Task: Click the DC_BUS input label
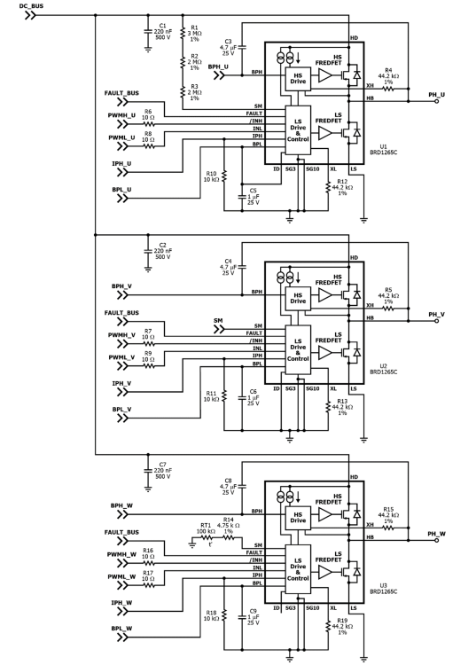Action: point(31,6)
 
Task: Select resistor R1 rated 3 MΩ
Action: point(183,33)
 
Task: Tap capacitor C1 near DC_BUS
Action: point(148,31)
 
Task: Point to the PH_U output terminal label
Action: point(437,95)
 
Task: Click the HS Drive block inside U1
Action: point(298,78)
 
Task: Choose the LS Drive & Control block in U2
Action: point(298,349)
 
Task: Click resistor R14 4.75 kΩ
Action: point(229,538)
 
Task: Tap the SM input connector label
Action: point(218,321)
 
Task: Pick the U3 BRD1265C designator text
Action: point(384,589)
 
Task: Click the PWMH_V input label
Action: point(121,335)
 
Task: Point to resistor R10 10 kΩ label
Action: point(211,176)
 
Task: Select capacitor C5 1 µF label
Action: point(253,196)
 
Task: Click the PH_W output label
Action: point(437,534)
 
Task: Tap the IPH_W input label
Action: point(121,603)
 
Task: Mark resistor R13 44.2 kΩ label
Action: point(342,407)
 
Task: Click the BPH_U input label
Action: point(218,67)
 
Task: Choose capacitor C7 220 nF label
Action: point(163,470)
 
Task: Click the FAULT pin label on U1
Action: point(254,113)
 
